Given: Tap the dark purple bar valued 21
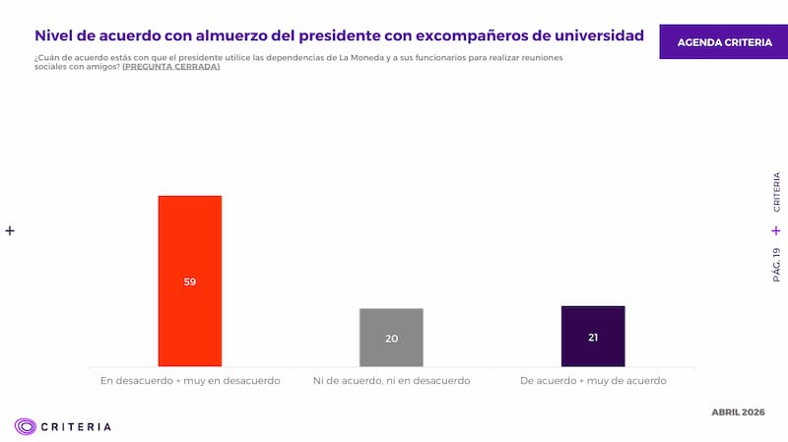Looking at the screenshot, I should (x=593, y=321).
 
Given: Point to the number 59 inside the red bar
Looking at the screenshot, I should (x=190, y=282).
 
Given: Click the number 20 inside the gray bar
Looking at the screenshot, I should (x=391, y=339).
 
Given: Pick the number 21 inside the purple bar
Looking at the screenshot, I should (x=593, y=337).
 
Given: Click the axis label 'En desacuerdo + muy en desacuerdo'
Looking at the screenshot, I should (x=190, y=380).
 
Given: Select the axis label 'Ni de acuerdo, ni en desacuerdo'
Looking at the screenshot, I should (x=391, y=380).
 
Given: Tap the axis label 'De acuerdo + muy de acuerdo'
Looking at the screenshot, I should (x=593, y=380).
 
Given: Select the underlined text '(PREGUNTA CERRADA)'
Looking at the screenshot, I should (x=170, y=67).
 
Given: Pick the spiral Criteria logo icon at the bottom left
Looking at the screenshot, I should (x=25, y=426).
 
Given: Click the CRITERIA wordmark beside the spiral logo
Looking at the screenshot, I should (x=77, y=426).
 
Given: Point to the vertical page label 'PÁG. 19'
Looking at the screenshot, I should (x=776, y=266).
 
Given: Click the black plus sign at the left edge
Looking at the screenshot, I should (x=10, y=230).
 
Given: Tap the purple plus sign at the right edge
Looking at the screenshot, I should (x=776, y=230).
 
